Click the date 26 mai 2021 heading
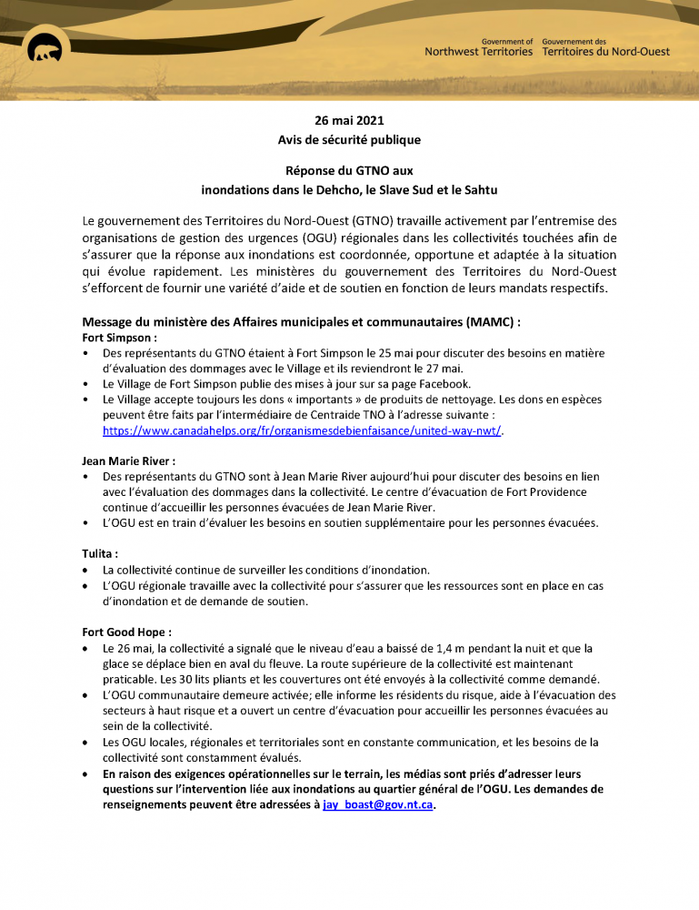click(x=349, y=120)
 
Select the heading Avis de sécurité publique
click(x=349, y=139)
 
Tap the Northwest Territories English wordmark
click(x=479, y=52)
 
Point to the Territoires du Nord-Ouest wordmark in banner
click(x=605, y=52)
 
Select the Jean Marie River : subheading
click(x=128, y=461)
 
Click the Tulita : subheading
click(x=100, y=554)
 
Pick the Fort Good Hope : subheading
click(x=126, y=632)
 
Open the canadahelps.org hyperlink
click(x=302, y=430)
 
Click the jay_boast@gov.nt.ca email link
click(x=378, y=806)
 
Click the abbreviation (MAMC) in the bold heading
click(x=491, y=321)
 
